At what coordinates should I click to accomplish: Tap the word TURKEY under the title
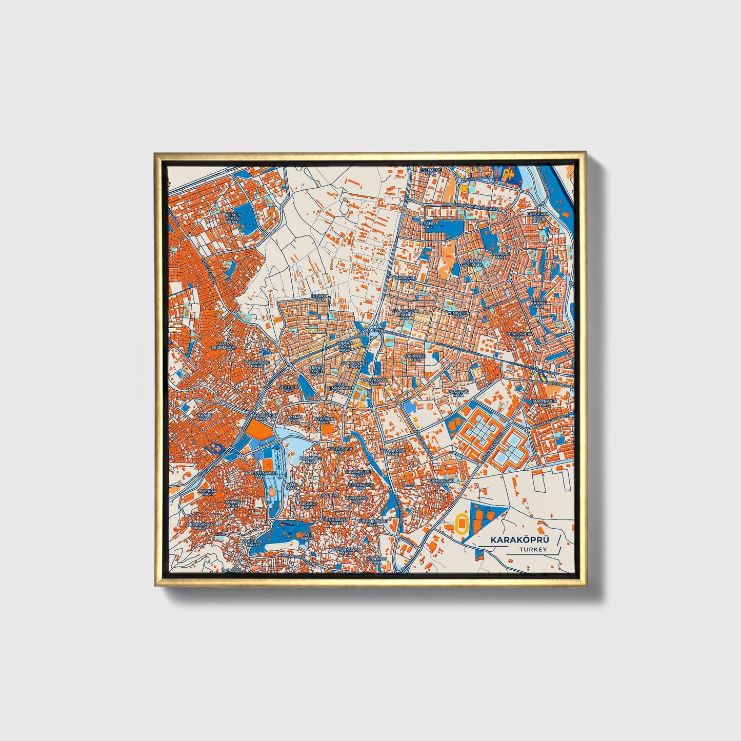[533, 550]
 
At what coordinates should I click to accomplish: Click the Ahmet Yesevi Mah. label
[233, 218]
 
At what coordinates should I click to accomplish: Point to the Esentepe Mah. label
[431, 171]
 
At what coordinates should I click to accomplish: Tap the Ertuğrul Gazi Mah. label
[538, 218]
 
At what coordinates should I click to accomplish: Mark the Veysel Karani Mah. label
[538, 305]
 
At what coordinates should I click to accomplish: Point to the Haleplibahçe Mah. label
[260, 474]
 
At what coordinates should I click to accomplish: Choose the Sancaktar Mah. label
[442, 483]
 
